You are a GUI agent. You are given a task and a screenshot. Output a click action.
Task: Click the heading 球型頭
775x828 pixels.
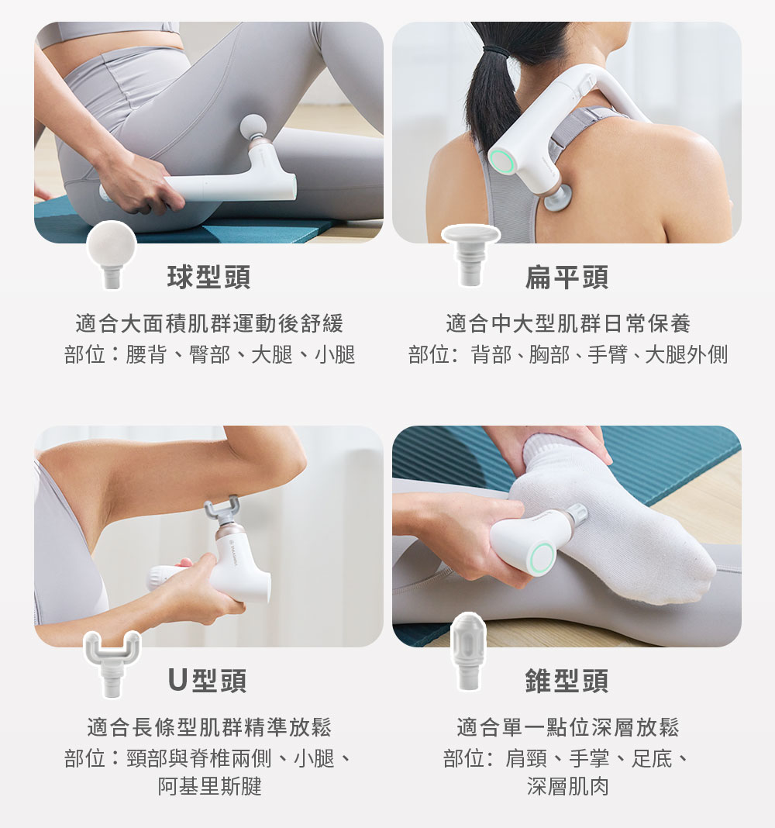point(208,277)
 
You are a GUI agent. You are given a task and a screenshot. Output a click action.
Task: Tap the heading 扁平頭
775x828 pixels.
point(567,277)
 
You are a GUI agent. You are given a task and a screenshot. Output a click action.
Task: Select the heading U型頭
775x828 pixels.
point(207,680)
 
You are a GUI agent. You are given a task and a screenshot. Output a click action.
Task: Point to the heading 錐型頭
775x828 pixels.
point(567,680)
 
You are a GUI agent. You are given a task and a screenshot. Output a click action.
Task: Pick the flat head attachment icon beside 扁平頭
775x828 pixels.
point(470,254)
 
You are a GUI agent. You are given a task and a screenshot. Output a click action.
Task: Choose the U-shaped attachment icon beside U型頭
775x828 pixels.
point(112,663)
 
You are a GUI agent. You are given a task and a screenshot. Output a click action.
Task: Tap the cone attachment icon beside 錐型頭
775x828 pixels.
point(468,651)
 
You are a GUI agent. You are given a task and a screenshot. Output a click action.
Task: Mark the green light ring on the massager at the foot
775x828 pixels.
point(542,557)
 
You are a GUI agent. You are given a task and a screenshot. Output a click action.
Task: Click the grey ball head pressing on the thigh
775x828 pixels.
point(253,128)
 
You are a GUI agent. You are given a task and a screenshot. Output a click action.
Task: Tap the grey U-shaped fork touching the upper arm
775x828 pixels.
point(222,507)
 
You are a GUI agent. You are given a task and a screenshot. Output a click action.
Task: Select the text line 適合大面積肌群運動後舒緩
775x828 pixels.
point(209,324)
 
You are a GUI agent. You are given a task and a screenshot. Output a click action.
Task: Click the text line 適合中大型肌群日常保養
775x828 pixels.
point(568,324)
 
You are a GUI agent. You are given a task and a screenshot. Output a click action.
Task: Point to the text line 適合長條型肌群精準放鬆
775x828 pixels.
point(209,727)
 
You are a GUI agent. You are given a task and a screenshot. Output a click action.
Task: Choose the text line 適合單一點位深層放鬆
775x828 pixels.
point(568,727)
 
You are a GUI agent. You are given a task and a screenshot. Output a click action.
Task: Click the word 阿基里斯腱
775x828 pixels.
point(209,786)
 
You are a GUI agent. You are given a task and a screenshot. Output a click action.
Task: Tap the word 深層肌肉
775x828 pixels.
point(568,786)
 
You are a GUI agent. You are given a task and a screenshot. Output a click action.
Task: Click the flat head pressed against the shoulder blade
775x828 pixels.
point(557,199)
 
